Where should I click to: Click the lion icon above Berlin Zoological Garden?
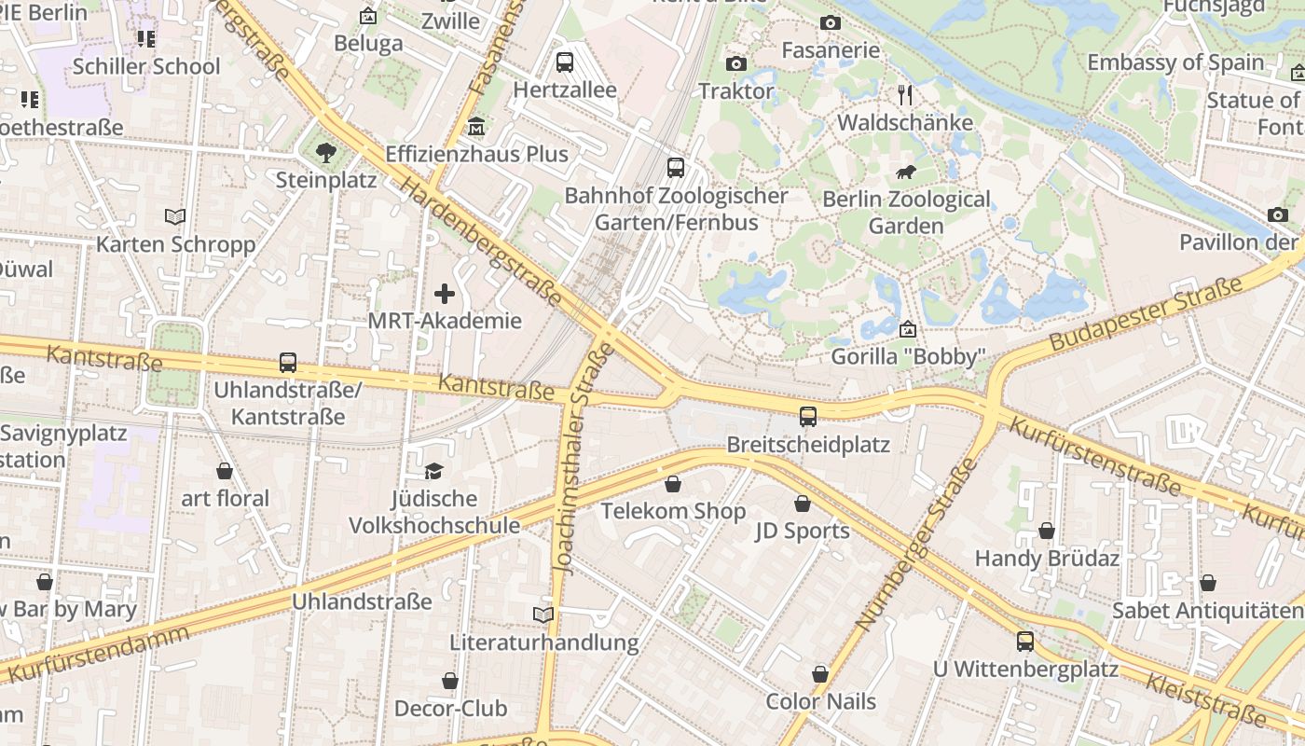pos(905,173)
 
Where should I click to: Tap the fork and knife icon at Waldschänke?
pos(904,95)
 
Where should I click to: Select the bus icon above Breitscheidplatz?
pos(807,417)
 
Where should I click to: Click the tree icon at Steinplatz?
pos(325,152)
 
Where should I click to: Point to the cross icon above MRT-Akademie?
pos(445,295)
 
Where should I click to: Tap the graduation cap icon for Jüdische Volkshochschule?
pos(433,471)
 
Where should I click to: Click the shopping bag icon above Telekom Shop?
pos(673,484)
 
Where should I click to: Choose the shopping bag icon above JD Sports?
pos(803,504)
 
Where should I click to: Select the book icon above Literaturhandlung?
pos(543,615)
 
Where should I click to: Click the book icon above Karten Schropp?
pos(175,217)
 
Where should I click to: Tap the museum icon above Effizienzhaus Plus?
pos(476,126)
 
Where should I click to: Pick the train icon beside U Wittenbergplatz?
pos(1025,642)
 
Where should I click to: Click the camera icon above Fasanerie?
pos(831,23)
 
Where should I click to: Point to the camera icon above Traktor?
pos(735,64)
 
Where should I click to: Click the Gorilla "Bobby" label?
pos(908,356)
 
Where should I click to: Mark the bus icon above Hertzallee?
pos(565,62)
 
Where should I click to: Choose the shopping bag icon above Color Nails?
pos(820,674)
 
